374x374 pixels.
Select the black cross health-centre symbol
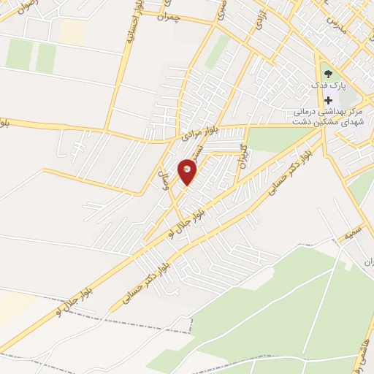328,99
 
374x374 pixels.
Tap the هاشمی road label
363,356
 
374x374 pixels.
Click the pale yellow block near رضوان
72,30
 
